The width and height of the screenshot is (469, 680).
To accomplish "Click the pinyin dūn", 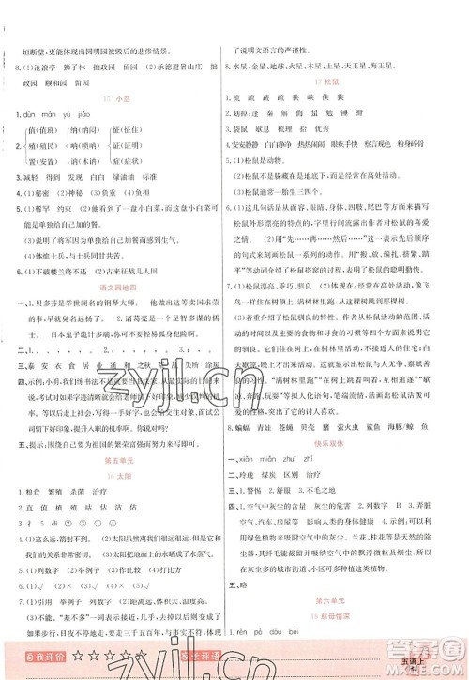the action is pos(38,116).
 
